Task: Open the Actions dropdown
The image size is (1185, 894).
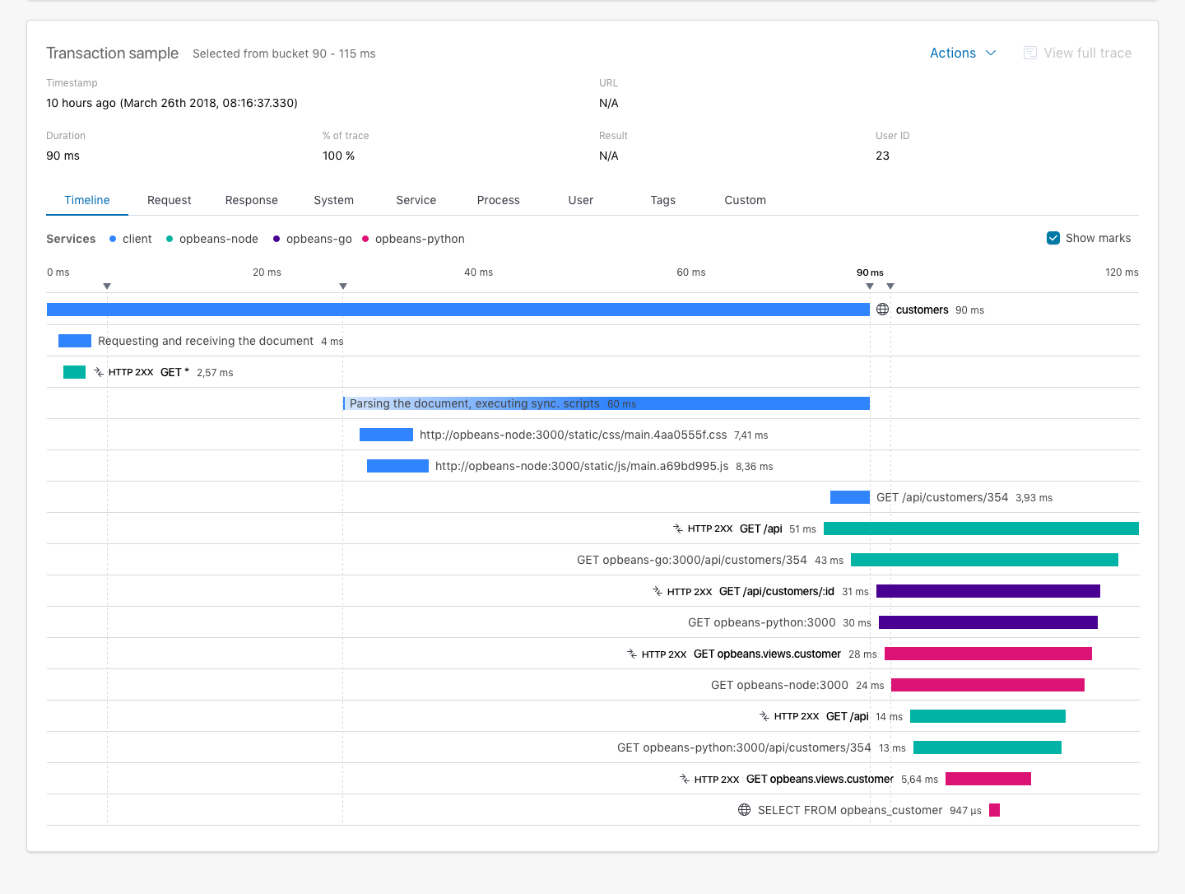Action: [x=962, y=54]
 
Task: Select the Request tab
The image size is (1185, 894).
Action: [x=169, y=200]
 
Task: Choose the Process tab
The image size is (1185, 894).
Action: [x=498, y=200]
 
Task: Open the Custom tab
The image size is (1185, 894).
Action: [x=745, y=200]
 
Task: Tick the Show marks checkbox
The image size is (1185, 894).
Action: [x=1053, y=238]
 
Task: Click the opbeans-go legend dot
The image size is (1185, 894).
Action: [x=276, y=240]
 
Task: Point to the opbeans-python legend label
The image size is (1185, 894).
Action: [x=420, y=240]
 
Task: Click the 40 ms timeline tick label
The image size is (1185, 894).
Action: [x=478, y=272]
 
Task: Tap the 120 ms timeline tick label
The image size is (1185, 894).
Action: [x=1122, y=272]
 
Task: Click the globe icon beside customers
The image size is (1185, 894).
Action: [x=883, y=310]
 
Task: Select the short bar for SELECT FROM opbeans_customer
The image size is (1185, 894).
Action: [x=994, y=810]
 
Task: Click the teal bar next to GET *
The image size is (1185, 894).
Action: [x=74, y=372]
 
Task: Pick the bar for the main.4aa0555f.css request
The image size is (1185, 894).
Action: [x=386, y=435]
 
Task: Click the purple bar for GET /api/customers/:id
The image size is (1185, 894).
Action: [x=987, y=591]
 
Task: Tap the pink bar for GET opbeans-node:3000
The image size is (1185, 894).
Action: [x=987, y=685]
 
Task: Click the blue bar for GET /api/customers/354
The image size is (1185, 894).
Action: [x=849, y=497]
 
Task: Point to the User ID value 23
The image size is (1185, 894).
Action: [x=882, y=156]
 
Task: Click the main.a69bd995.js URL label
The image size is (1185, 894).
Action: [x=581, y=466]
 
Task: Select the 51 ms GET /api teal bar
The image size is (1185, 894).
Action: [x=981, y=528]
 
